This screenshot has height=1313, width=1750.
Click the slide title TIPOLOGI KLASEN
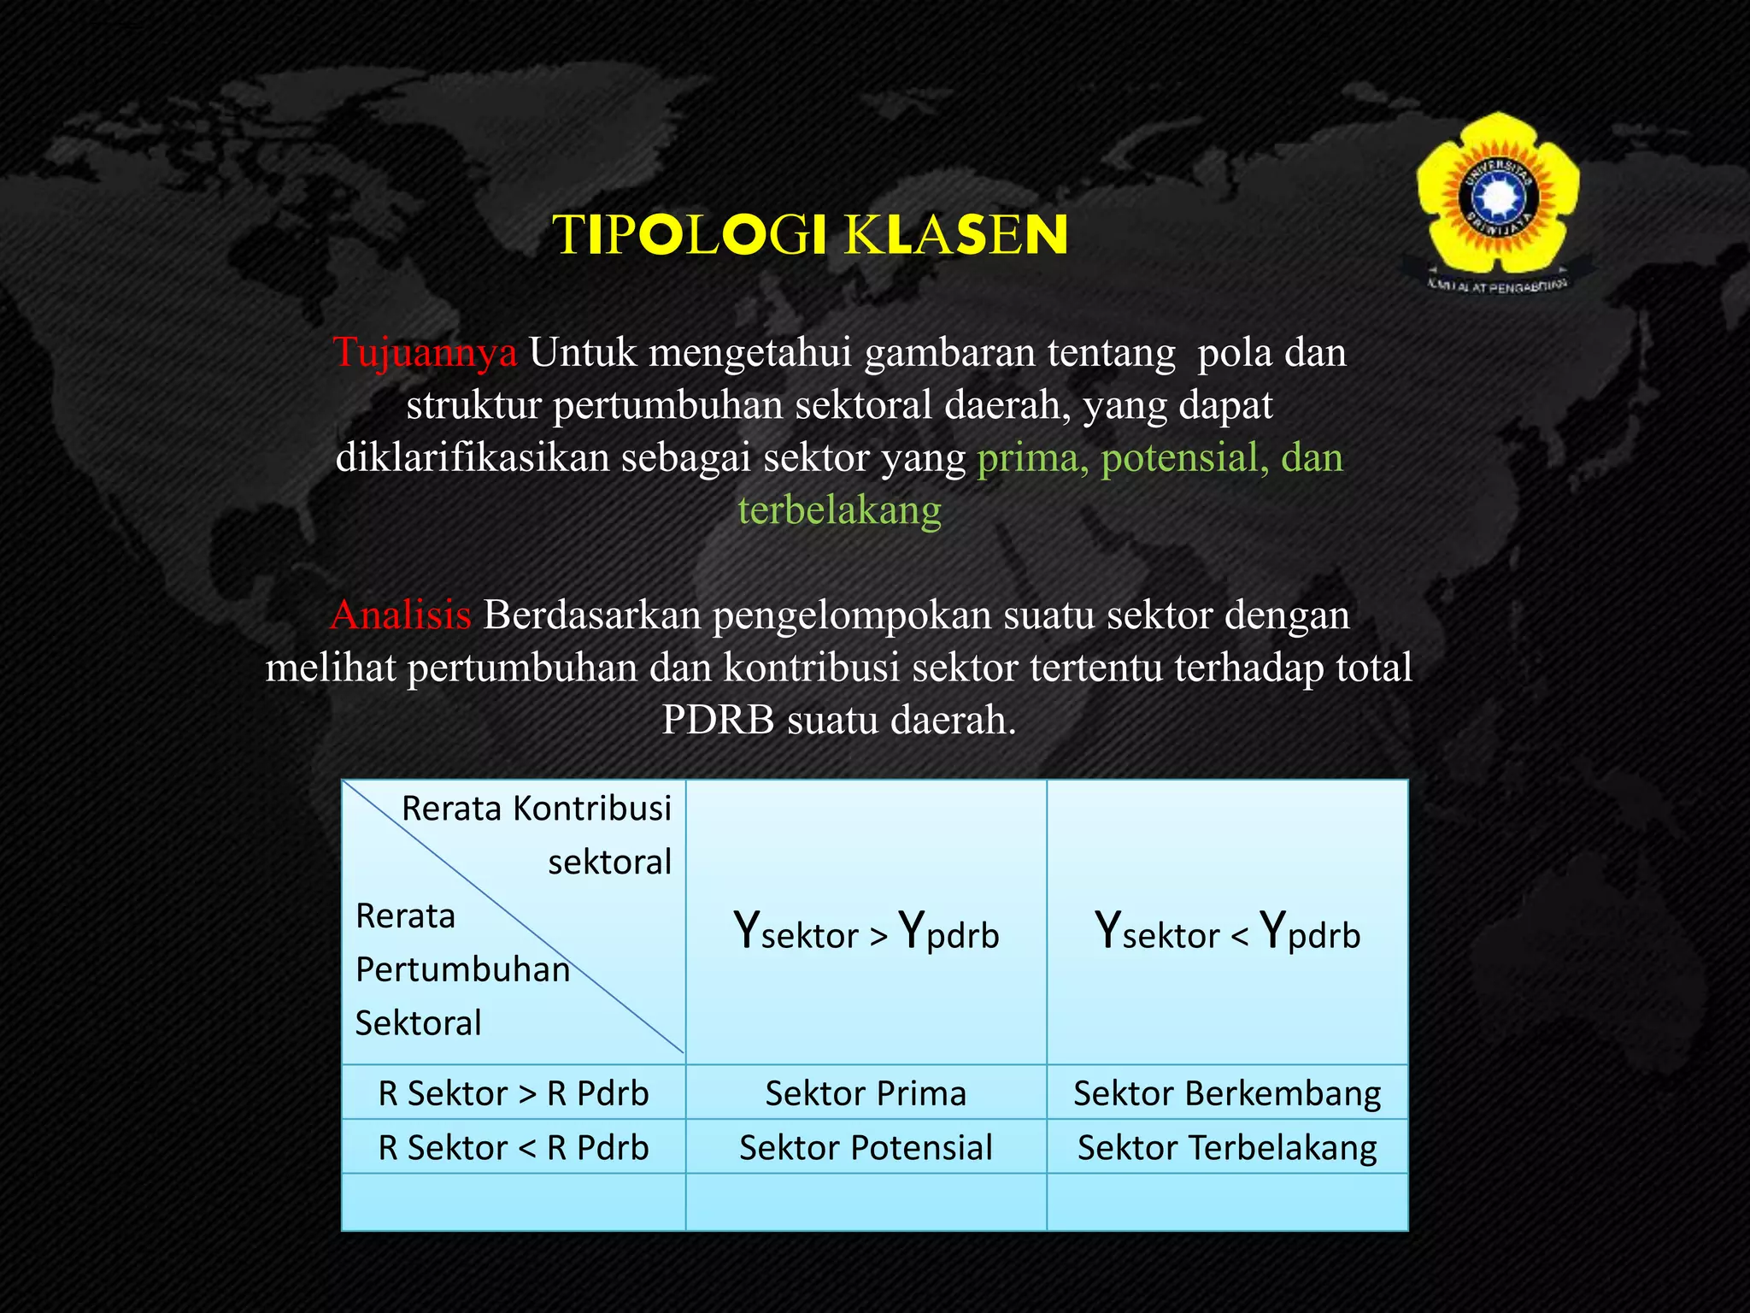(810, 235)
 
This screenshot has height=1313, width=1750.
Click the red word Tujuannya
(425, 352)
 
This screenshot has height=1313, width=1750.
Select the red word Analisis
(401, 615)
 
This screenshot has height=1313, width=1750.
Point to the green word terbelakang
(840, 510)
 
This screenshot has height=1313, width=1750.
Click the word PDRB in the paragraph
(718, 720)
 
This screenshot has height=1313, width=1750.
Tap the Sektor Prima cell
(866, 1093)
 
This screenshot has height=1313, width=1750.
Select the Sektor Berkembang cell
(1227, 1093)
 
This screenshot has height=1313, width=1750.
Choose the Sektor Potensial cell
(866, 1147)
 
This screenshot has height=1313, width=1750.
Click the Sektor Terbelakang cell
(1227, 1147)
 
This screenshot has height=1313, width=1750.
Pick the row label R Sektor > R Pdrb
(514, 1093)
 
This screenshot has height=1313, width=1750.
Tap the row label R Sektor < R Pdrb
(514, 1147)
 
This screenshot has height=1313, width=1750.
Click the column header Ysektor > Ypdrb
(866, 933)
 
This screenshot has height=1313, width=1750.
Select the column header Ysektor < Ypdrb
(1227, 933)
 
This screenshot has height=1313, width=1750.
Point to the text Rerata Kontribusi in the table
(537, 809)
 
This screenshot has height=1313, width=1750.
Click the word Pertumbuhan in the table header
(462, 970)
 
